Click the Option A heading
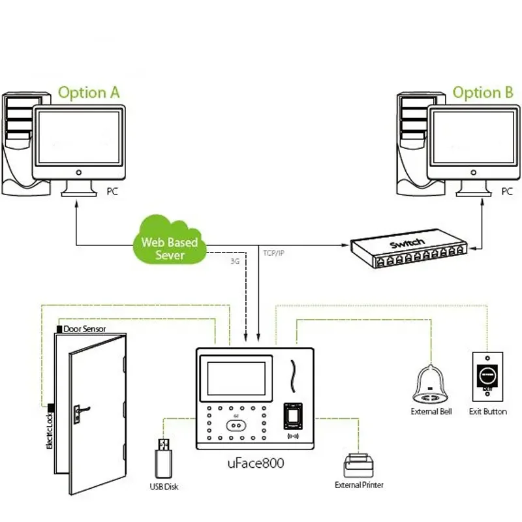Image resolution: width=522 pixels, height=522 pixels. point(89,92)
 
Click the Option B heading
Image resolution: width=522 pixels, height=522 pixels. point(483,92)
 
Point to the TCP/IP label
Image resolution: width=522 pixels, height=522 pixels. point(273,252)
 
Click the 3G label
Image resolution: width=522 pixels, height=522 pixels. point(235,261)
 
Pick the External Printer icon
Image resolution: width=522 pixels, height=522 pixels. point(359,464)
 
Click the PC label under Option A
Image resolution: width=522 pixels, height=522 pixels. point(112,192)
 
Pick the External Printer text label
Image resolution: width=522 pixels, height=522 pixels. point(359,485)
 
